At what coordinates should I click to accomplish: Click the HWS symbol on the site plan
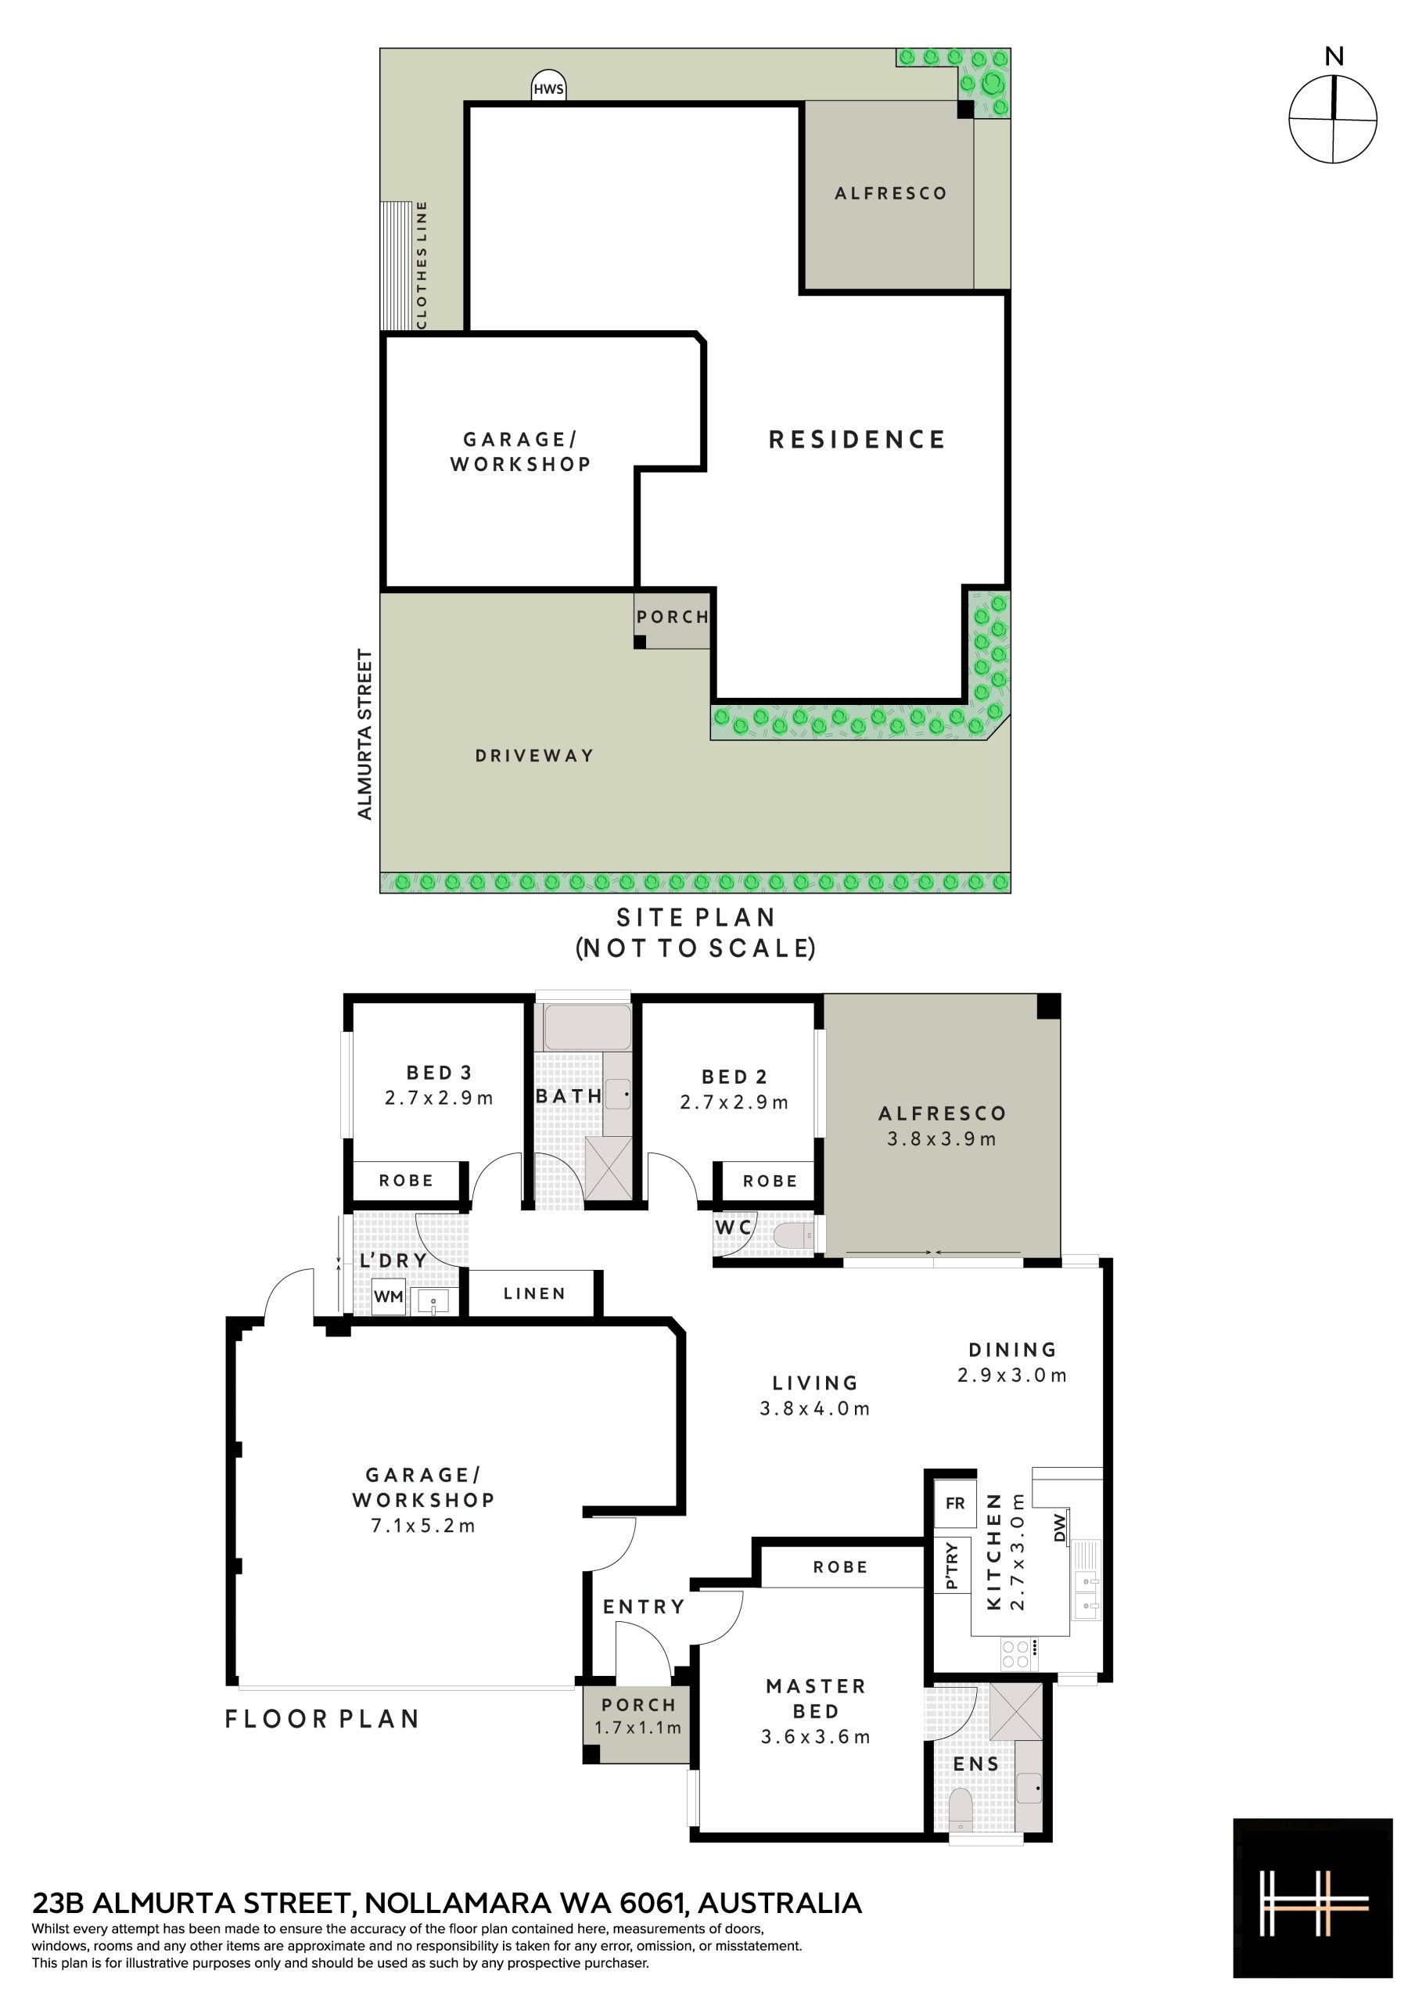[549, 86]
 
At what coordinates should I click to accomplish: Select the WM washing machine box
[388, 1297]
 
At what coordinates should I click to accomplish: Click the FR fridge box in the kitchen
[954, 1503]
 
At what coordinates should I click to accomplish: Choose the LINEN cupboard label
[534, 1294]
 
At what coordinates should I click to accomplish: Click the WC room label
[733, 1228]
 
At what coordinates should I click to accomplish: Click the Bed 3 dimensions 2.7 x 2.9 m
[439, 1099]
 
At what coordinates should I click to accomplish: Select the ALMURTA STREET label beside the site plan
[365, 734]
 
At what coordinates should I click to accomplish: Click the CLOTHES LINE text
[422, 264]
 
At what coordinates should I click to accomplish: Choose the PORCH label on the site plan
[673, 617]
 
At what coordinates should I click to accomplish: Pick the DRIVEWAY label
[534, 756]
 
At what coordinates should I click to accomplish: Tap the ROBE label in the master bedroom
[840, 1567]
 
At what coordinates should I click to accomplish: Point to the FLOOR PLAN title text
[323, 1719]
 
